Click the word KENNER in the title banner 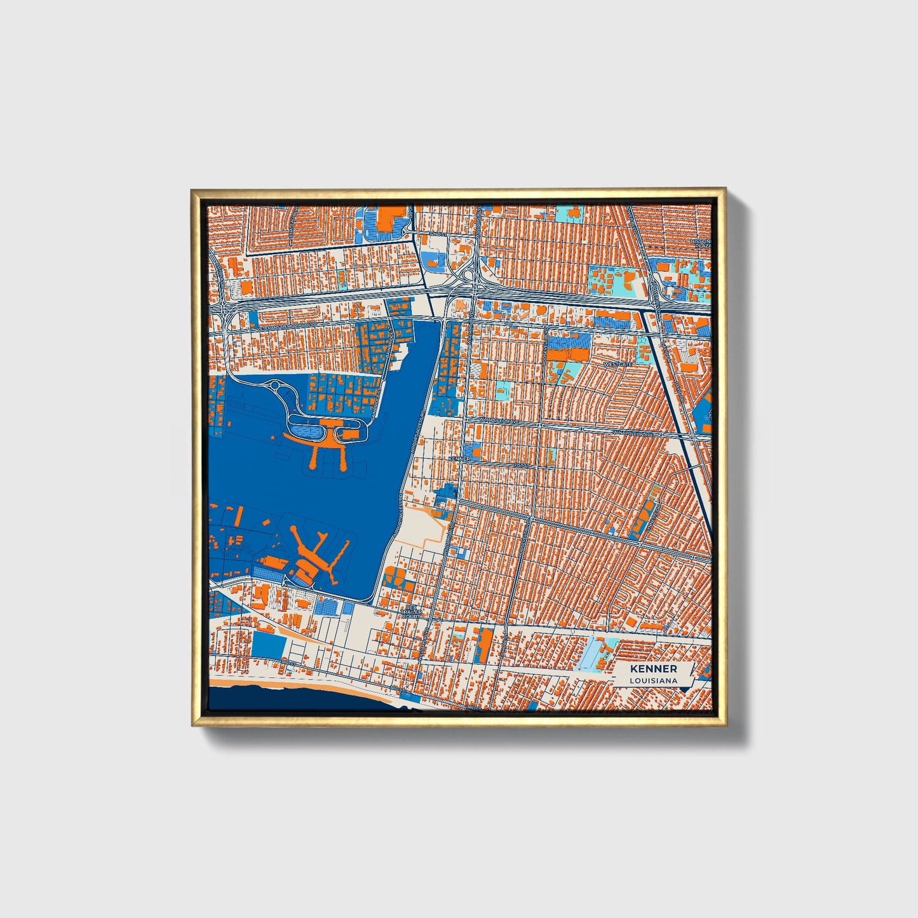[x=653, y=669]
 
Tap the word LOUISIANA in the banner [x=653, y=680]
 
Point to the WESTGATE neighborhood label [x=618, y=365]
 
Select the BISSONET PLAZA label [x=702, y=245]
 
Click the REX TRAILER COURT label [x=412, y=611]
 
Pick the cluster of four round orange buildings [x=396, y=577]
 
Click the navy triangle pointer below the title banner [x=684, y=689]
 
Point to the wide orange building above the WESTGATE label [x=569, y=341]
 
